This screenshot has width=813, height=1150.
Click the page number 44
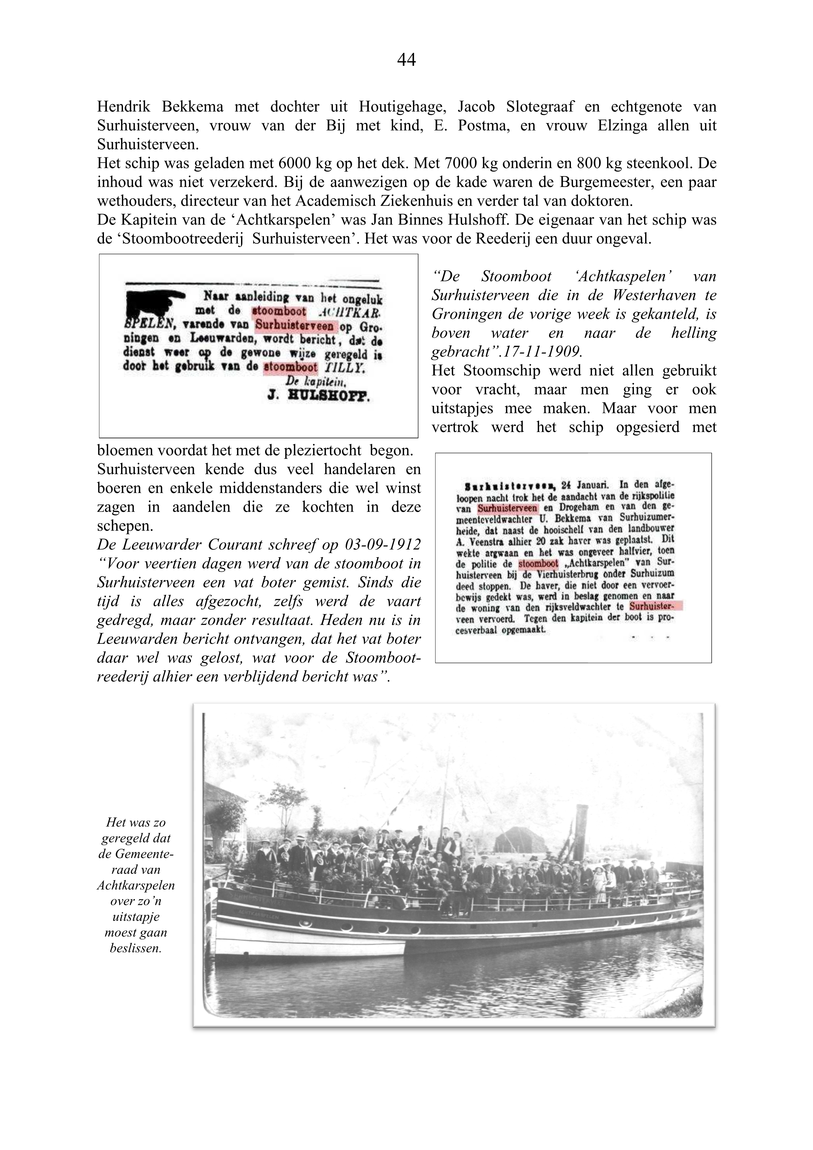point(406,60)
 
